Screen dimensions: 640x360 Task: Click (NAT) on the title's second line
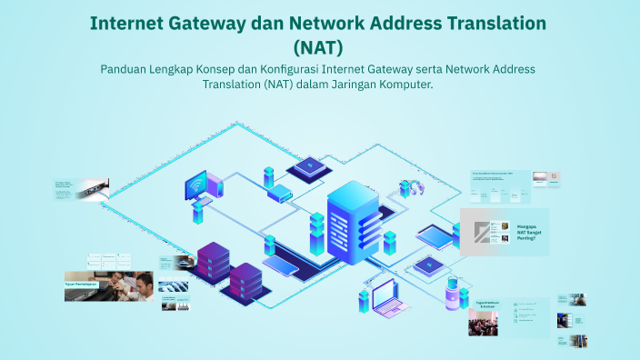click(x=319, y=45)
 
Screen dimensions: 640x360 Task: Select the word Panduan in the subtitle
click(x=124, y=69)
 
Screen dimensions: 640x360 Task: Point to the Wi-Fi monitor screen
click(x=197, y=186)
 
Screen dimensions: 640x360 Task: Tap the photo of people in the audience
click(x=482, y=324)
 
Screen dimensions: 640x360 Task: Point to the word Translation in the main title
click(x=488, y=23)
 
